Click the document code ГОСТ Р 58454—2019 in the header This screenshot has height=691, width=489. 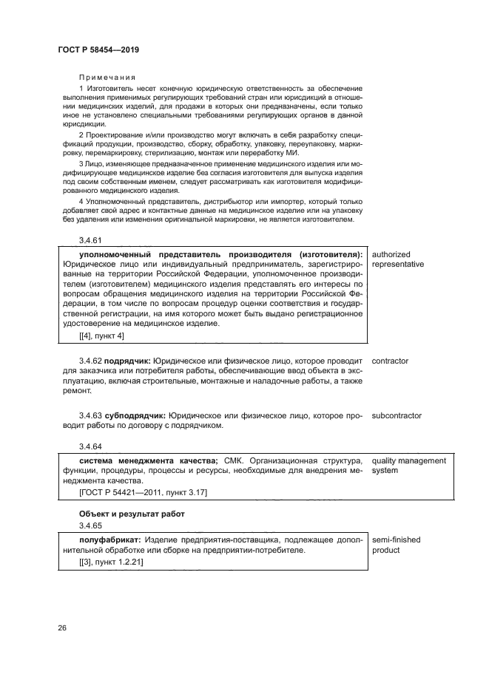pos(98,50)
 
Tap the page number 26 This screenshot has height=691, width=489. pos(62,628)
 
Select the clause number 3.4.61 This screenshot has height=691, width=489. pos(91,241)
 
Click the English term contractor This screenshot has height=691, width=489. pos(390,361)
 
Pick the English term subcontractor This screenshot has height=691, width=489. pos(397,415)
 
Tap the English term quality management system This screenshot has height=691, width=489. pos(408,466)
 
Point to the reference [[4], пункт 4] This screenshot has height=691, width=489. pos(101,336)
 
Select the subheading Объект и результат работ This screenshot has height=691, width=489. pos(131,514)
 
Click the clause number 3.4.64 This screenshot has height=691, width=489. pos(91,446)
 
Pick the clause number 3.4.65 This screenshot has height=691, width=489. pos(91,525)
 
